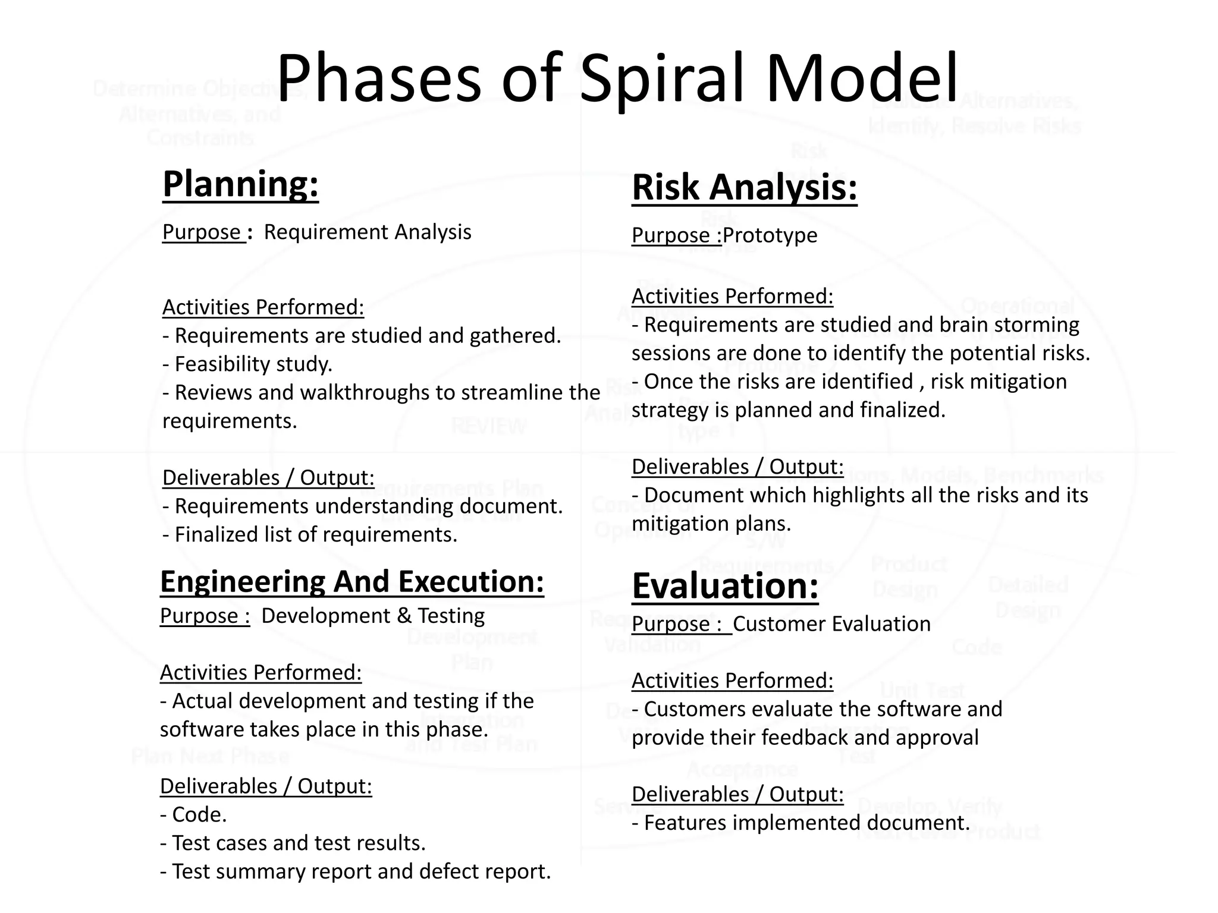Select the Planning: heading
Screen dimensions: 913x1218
tap(240, 184)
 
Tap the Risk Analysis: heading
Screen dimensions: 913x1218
tap(744, 187)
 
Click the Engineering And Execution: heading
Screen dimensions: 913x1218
tap(351, 581)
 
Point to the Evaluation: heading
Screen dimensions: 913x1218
tap(724, 586)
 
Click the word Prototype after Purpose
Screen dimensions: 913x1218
tap(770, 235)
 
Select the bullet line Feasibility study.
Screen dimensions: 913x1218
tap(247, 364)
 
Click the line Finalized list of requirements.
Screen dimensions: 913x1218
tap(310, 534)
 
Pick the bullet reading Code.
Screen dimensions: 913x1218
tap(194, 814)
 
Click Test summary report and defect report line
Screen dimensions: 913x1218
tap(356, 871)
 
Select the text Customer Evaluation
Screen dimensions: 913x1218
tap(831, 624)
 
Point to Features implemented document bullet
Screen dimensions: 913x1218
tap(801, 823)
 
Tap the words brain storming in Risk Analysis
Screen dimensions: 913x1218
tap(1009, 325)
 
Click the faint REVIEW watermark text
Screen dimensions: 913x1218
tap(489, 426)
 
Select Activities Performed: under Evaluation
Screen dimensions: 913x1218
tap(732, 681)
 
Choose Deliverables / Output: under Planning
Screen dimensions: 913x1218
tap(268, 478)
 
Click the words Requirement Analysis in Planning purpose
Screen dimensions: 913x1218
tap(367, 232)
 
